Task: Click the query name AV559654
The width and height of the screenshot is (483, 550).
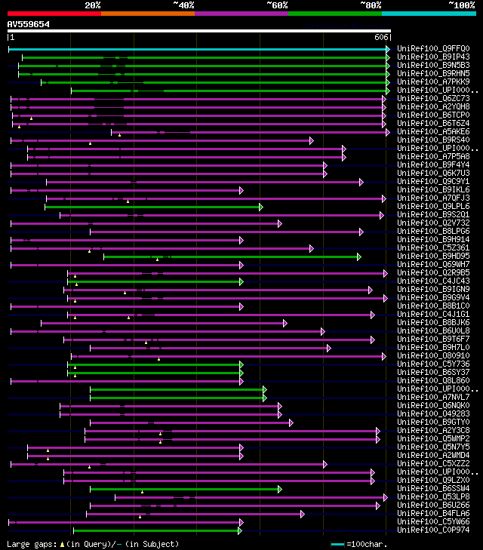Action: click(28, 24)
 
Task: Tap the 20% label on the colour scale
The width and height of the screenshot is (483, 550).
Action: click(92, 5)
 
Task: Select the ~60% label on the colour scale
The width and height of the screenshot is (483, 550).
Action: click(277, 5)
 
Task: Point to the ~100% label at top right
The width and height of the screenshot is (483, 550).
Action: click(461, 5)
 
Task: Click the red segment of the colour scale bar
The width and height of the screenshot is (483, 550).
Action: click(54, 13)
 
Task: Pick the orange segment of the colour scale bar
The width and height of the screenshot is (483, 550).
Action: click(147, 13)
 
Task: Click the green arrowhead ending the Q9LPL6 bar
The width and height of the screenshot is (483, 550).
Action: click(260, 207)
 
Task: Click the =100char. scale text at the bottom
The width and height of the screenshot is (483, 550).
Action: click(369, 544)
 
